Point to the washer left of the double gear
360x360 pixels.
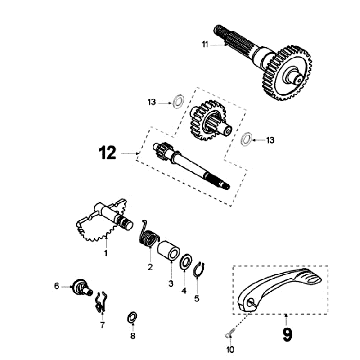pyautogui.click(x=175, y=102)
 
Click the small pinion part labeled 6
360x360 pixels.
pyautogui.click(x=77, y=287)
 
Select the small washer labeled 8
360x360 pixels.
pyautogui.click(x=132, y=318)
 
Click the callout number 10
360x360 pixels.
pyautogui.click(x=230, y=351)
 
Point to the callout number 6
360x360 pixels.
pyautogui.click(x=57, y=286)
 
